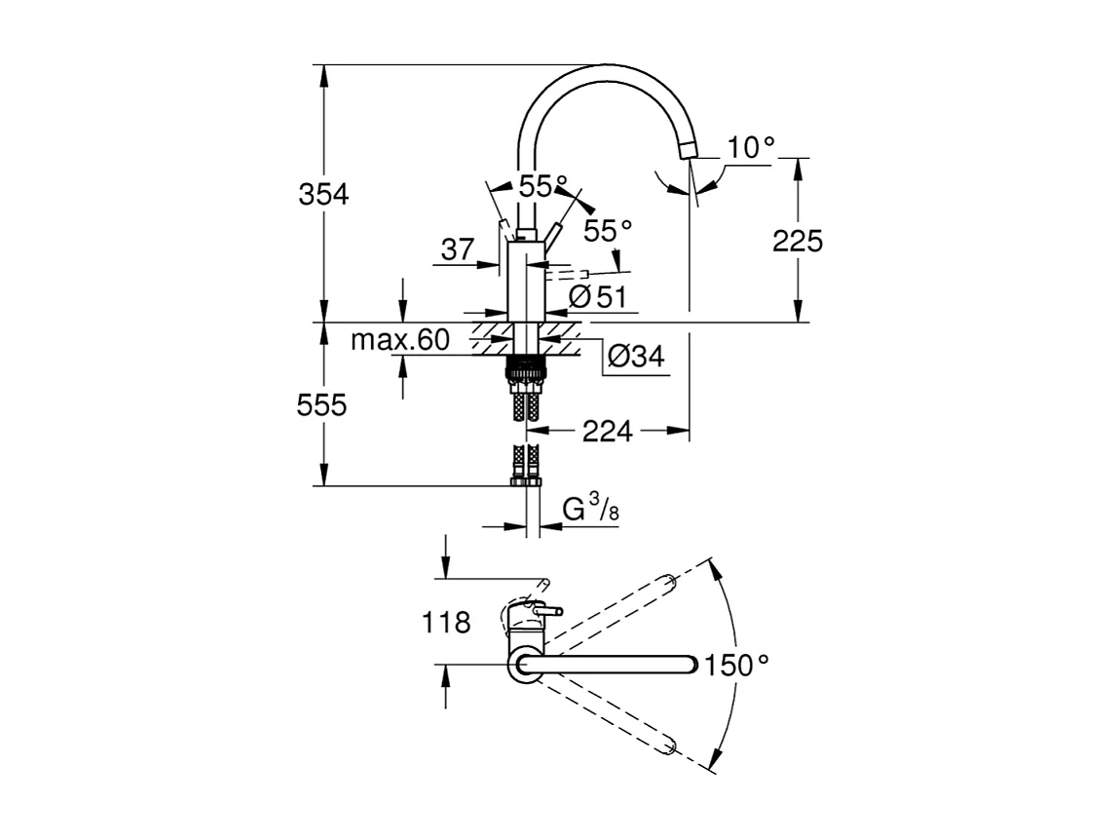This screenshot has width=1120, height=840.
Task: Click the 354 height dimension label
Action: (323, 194)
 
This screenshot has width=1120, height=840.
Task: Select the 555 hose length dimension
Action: (323, 404)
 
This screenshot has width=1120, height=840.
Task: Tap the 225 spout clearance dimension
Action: (798, 240)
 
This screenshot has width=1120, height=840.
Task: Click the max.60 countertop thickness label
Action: (399, 340)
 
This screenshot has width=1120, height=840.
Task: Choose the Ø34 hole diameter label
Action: (635, 357)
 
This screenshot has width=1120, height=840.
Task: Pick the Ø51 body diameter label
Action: (596, 297)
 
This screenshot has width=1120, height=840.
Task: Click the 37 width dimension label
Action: (458, 250)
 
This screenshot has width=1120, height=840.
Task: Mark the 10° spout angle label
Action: (751, 147)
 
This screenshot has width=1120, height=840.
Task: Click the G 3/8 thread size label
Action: (590, 509)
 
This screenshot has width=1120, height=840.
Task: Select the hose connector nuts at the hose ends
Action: (525, 479)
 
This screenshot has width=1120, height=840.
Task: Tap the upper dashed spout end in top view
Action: (669, 583)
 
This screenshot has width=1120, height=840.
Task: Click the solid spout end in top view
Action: (691, 666)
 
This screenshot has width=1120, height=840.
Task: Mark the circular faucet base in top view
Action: (525, 666)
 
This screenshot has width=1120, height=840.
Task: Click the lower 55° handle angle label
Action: (608, 231)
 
